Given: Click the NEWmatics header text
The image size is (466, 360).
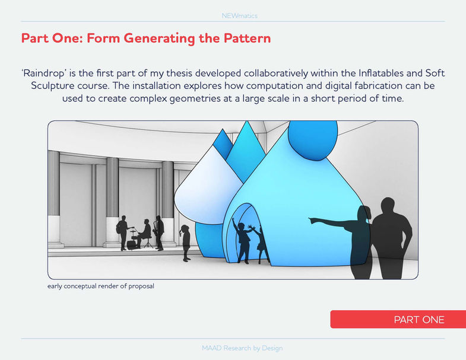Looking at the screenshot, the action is tap(240, 16).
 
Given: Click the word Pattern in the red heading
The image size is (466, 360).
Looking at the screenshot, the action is tap(248, 39).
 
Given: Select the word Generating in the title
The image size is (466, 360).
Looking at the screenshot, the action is tap(159, 39).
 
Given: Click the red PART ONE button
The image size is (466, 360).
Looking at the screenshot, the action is tap(398, 319).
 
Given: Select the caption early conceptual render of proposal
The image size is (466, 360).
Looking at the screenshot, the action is tap(101, 286).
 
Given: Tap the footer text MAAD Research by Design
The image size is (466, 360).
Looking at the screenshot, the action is tap(242, 348).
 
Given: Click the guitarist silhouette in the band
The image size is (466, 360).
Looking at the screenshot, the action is tap(122, 233).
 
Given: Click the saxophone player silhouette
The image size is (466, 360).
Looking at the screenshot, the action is tap(159, 233).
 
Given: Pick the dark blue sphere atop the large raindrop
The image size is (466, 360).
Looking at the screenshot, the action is tap(313, 139).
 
